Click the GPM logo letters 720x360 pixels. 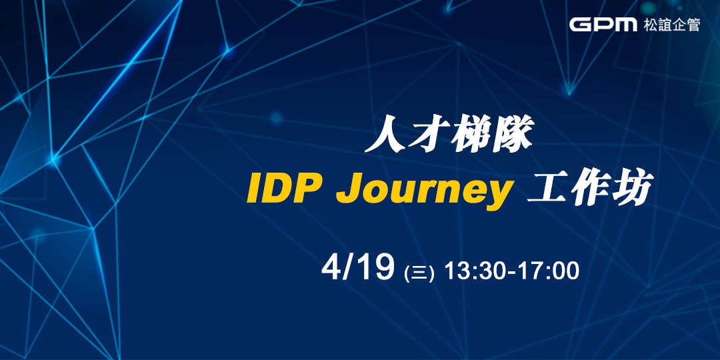[x=603, y=25]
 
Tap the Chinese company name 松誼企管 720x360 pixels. [x=671, y=25]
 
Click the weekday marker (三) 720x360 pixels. [x=419, y=273]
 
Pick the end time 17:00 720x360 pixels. [x=549, y=271]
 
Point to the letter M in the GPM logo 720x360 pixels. [x=625, y=25]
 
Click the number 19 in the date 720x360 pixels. [x=375, y=269]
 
